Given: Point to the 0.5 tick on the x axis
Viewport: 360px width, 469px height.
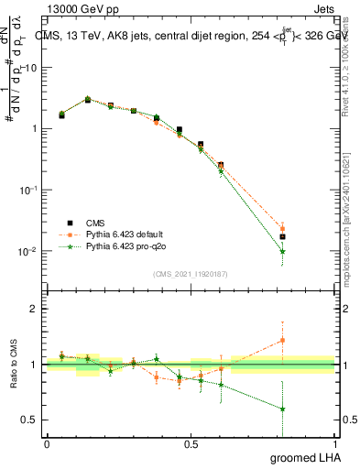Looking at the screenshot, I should point(191,443).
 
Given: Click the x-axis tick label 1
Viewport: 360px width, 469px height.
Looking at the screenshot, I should point(335,443).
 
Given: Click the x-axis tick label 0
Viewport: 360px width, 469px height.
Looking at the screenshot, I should point(47,443).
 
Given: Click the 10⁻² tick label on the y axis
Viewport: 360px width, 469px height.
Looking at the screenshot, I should point(29,251).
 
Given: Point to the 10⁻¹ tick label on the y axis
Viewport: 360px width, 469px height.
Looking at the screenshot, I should point(29,190).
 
